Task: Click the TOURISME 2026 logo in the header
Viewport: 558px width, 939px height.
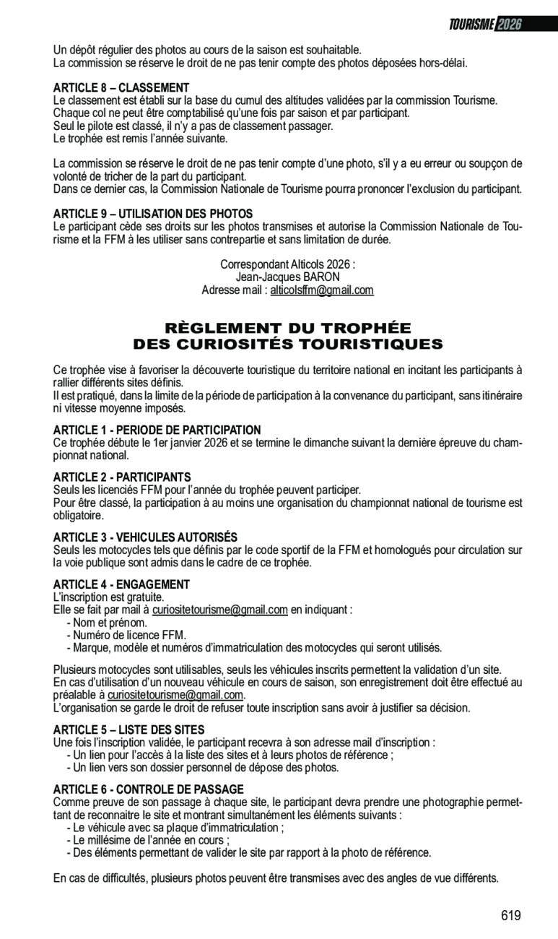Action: [x=485, y=24]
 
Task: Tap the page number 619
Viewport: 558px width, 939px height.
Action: [x=510, y=916]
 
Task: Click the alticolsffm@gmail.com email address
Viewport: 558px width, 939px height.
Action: [x=322, y=290]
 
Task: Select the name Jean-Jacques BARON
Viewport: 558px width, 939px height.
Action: [x=287, y=277]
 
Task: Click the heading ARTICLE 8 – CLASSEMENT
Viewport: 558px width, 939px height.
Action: [x=121, y=88]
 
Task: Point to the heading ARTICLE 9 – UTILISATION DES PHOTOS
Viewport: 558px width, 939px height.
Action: [x=153, y=214]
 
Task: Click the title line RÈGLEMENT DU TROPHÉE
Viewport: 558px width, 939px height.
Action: [x=287, y=328]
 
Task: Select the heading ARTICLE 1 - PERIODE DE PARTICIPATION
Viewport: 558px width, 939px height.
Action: [x=157, y=430]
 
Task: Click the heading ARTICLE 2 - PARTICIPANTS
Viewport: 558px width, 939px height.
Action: [x=122, y=477]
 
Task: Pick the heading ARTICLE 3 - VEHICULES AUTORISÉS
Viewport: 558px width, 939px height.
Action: [x=145, y=537]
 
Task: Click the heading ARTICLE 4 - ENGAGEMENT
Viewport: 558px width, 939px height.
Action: [x=121, y=584]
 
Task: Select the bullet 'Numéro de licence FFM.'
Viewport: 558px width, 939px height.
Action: [x=126, y=635]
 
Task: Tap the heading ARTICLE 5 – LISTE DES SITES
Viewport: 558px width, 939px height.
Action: [x=128, y=730]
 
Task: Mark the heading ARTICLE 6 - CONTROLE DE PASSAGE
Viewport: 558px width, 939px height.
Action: [x=149, y=789]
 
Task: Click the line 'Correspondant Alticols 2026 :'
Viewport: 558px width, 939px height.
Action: [x=287, y=264]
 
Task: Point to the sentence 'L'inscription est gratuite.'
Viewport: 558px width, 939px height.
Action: [x=109, y=597]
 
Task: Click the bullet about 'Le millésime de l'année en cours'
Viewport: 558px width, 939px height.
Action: [x=148, y=840]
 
